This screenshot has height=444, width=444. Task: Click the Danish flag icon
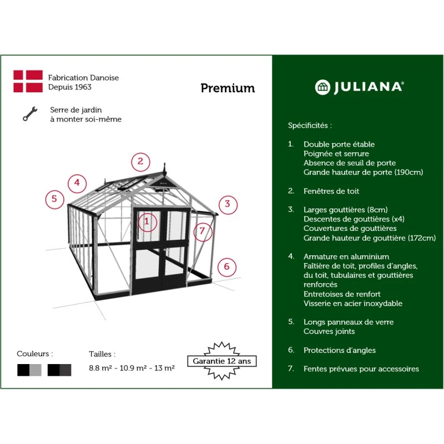[x=28, y=81]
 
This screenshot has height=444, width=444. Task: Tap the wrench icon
[x=29, y=114]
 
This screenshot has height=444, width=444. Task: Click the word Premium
[x=228, y=88]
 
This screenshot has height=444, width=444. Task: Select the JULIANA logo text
[x=368, y=87]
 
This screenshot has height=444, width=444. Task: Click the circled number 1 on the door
[x=147, y=222]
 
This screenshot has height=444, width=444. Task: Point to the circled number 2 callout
[x=140, y=162]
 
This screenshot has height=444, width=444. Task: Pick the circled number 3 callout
[x=228, y=204]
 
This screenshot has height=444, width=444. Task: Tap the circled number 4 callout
[x=77, y=183]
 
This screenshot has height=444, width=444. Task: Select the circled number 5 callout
[x=54, y=199]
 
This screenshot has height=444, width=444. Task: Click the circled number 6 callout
[x=226, y=267]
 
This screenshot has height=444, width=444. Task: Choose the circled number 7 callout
[x=203, y=230]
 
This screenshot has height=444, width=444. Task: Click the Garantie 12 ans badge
[x=221, y=361]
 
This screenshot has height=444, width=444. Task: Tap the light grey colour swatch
[x=36, y=370]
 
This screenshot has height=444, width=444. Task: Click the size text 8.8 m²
[x=101, y=368]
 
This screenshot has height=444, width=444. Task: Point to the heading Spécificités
[x=310, y=125]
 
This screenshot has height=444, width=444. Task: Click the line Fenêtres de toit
[x=331, y=191]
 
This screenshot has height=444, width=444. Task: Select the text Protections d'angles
[x=339, y=350]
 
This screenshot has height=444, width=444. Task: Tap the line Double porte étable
[x=339, y=144]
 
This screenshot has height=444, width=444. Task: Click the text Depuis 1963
[x=70, y=87]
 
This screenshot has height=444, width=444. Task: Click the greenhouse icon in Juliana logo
[x=322, y=87]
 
